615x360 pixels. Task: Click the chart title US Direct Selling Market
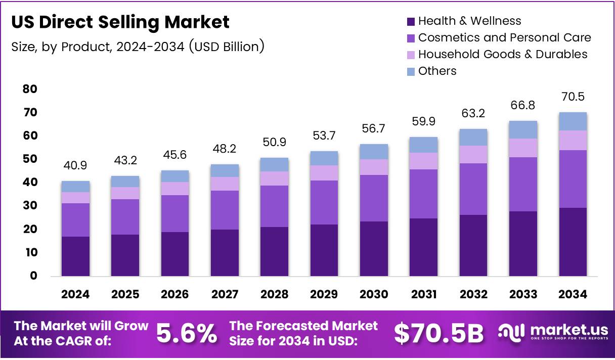[x=120, y=22]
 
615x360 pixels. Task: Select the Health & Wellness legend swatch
[x=411, y=21]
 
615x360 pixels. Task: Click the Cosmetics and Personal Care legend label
[x=504, y=37]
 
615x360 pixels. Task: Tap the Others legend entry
[x=437, y=71]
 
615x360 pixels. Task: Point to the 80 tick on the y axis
[x=30, y=89]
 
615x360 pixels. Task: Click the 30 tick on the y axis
[x=30, y=206]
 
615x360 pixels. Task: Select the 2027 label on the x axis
[x=225, y=294]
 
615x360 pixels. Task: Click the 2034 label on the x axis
[x=573, y=294]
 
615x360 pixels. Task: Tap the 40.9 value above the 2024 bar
[x=75, y=166]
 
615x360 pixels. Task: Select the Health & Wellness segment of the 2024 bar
[x=75, y=256]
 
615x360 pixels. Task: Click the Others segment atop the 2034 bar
[x=573, y=121]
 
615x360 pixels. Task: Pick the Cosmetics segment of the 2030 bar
[x=374, y=198]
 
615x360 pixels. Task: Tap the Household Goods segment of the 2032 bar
[x=473, y=154]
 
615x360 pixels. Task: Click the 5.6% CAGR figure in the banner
[x=187, y=333]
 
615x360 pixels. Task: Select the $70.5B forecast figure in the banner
[x=438, y=333]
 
